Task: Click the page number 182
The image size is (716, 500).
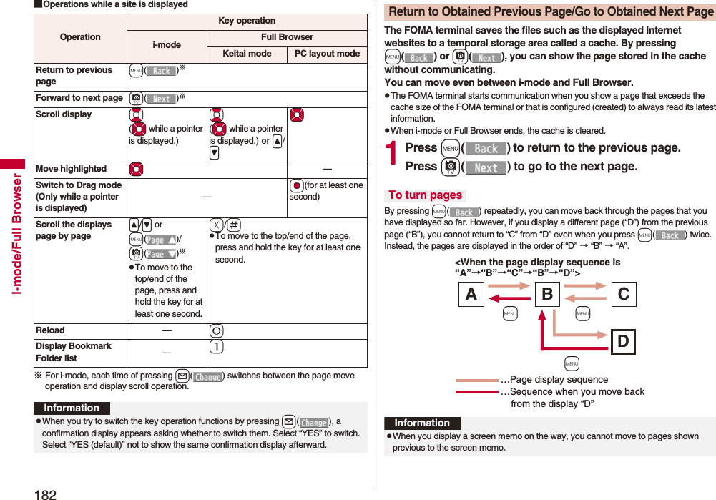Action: pos(44,493)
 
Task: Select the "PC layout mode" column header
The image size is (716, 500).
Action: pos(328,54)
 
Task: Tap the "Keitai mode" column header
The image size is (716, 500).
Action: pos(247,54)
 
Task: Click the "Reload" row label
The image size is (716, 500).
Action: pos(50,330)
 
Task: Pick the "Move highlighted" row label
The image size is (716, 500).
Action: pos(71,169)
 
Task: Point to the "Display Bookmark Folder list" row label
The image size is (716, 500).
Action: pos(73,352)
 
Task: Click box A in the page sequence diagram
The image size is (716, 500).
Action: pos(470,293)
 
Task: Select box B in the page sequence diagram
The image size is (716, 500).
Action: pos(547,293)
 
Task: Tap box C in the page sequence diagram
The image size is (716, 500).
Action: pos(623,293)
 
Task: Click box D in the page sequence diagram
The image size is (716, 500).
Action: pos(623,341)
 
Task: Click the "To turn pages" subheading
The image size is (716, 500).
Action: pos(425,195)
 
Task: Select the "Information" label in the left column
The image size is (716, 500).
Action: pos(72,408)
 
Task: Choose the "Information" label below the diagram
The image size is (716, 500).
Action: pos(422,423)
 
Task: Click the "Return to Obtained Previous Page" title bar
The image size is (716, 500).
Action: pos(550,12)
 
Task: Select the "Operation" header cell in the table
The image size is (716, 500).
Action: pos(80,37)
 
